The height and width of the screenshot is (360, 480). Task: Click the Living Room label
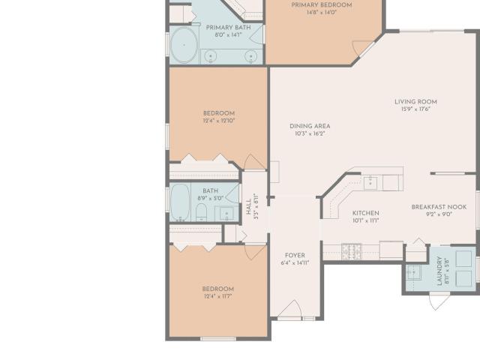pos(415,102)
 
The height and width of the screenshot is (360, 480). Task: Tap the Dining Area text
pos(310,126)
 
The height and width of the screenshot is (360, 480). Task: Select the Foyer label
pos(295,255)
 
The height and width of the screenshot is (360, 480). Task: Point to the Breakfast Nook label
pos(439,207)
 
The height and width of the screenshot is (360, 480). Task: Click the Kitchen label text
pos(366,213)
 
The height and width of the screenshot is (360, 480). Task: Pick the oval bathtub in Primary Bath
pos(184,45)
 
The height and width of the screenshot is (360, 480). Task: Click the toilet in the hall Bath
pos(201,212)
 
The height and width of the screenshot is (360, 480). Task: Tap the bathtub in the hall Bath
pos(180,202)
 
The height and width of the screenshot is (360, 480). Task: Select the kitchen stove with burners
pos(352,252)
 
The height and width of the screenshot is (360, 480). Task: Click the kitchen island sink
pos(370,183)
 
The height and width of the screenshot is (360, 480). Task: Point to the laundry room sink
pos(413,272)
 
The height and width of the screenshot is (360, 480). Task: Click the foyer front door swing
pos(290,308)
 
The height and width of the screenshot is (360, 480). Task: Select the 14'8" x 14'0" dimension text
pos(322,13)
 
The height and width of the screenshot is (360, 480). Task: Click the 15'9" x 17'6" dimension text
pos(415,109)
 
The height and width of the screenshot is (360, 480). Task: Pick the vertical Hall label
pos(248,207)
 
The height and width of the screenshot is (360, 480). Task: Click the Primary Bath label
pos(228,28)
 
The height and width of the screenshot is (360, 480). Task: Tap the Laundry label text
pos(439,271)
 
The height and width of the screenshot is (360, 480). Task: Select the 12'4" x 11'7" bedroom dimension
pos(218,296)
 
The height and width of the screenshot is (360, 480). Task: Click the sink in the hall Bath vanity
pos(226,213)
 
